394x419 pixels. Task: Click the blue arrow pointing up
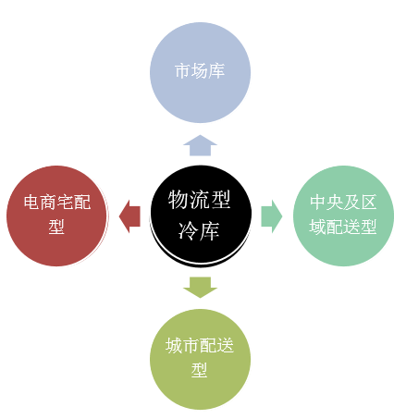pos(200,145)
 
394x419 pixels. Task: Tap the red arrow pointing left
pos(129,216)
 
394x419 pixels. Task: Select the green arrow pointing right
pos(272,216)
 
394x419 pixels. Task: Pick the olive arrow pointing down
pos(200,288)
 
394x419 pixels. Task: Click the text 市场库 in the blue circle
pos(200,71)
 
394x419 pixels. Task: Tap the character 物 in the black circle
pos(179,200)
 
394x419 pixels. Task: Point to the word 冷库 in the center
pos(199,230)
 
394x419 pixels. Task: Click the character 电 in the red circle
pos(32,203)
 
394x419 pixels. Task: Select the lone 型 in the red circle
pos(56,227)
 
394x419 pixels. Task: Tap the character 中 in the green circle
pos(318,203)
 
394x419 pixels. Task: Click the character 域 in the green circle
pos(317,227)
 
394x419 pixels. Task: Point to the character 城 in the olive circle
pos(174,345)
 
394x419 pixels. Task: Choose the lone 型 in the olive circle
pos(200,370)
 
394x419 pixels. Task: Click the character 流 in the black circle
pos(199,200)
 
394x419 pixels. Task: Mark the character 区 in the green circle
pos(368,203)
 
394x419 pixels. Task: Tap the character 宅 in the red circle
pos(66,203)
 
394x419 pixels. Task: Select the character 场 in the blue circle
pos(200,71)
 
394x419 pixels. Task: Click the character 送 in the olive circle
pos(225,345)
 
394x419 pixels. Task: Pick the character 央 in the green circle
pos(335,203)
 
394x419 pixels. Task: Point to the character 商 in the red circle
pos(49,203)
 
